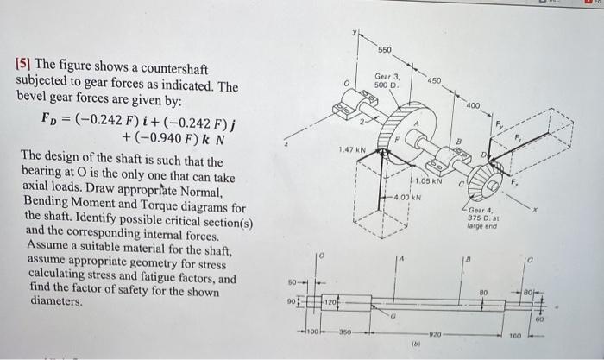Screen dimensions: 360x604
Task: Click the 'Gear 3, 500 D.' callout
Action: click(x=385, y=80)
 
